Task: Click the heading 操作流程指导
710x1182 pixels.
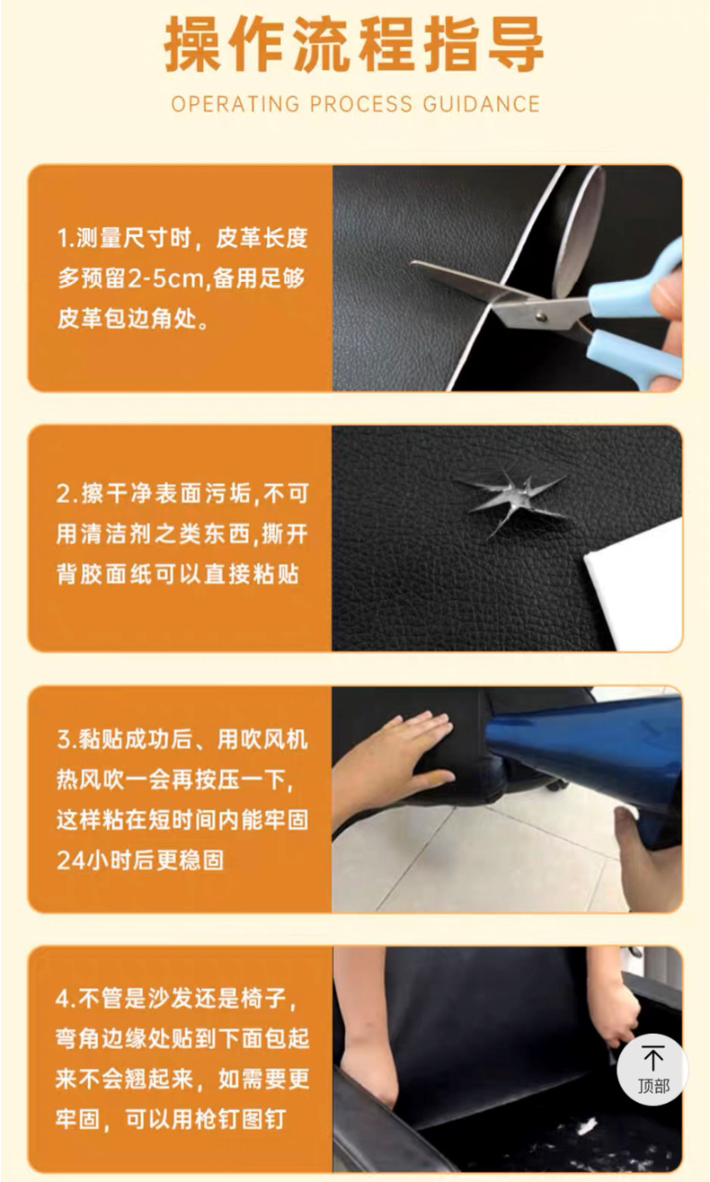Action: (354, 46)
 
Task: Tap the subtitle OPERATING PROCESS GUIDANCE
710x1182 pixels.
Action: (356, 104)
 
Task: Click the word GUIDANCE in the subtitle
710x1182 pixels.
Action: (482, 104)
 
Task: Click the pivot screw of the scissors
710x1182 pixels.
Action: (540, 316)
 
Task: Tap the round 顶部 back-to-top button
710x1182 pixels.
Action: (652, 1069)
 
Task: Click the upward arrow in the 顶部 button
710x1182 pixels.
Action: (653, 1057)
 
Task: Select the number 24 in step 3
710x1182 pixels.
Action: (68, 860)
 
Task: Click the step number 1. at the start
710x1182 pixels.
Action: (66, 239)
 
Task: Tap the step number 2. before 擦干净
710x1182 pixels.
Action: (67, 494)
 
